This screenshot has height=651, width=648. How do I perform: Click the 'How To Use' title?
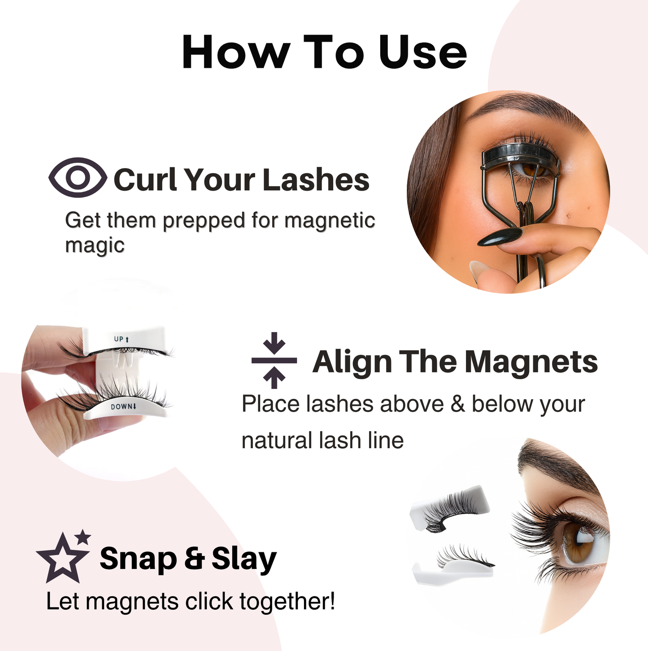coord(324,52)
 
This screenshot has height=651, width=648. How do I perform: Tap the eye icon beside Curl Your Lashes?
coord(78,178)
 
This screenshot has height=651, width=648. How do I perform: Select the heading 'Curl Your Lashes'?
coord(241,180)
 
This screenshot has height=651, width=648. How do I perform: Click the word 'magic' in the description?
coord(95,246)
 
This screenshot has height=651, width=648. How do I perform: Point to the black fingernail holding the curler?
coord(500,236)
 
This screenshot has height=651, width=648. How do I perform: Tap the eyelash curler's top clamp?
coord(520,155)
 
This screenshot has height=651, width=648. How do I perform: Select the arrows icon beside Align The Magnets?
coord(274,360)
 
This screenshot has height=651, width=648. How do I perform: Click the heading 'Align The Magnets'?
coord(455,362)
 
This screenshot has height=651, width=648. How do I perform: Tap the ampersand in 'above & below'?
coord(457,404)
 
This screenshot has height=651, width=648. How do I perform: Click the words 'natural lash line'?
coord(322,440)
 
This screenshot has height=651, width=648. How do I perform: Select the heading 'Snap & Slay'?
coord(188,559)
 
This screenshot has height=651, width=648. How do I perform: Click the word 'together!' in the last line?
coord(287,601)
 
